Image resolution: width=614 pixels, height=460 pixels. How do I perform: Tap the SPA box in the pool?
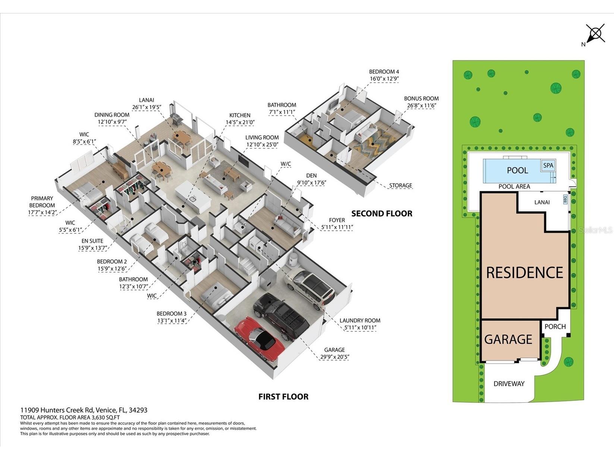(x=548, y=165)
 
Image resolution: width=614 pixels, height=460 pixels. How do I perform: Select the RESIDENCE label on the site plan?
(x=525, y=273)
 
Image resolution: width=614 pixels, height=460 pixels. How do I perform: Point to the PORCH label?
(x=555, y=326)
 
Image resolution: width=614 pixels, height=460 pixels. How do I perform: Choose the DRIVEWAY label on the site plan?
(x=509, y=384)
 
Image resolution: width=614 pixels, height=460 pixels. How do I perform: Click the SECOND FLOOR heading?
(x=382, y=213)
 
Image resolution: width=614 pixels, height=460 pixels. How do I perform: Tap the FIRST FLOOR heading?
(x=283, y=397)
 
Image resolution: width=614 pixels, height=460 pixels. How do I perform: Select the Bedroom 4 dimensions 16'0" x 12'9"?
(x=384, y=79)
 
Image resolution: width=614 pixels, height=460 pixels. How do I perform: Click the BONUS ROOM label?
(x=421, y=98)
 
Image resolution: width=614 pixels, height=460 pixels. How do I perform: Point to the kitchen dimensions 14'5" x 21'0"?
(x=240, y=122)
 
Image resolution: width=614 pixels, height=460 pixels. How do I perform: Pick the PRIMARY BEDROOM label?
(x=42, y=202)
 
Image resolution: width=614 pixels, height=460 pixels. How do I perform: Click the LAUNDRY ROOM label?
(x=360, y=321)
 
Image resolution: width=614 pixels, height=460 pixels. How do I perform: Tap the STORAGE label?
(x=400, y=185)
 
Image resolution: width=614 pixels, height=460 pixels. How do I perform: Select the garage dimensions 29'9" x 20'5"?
(x=334, y=357)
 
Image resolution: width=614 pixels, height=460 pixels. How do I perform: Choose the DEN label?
(x=311, y=175)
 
